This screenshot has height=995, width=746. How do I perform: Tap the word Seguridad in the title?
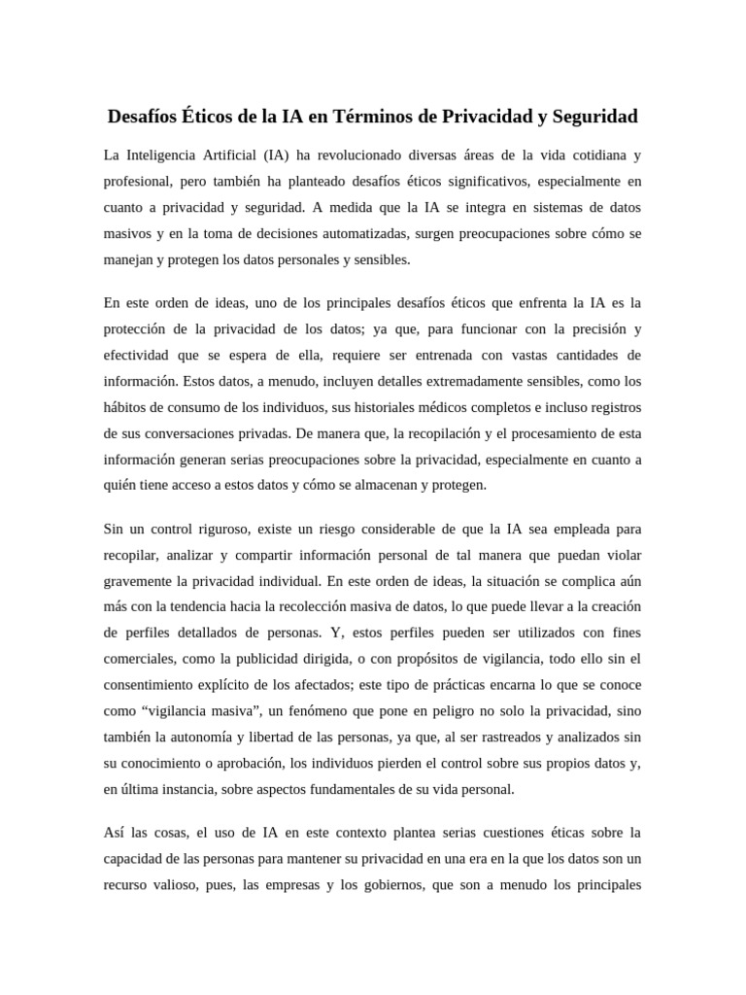[x=593, y=118]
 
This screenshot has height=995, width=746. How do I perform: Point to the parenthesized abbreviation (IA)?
[x=276, y=155]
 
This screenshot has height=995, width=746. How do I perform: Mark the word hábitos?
[x=126, y=406]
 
